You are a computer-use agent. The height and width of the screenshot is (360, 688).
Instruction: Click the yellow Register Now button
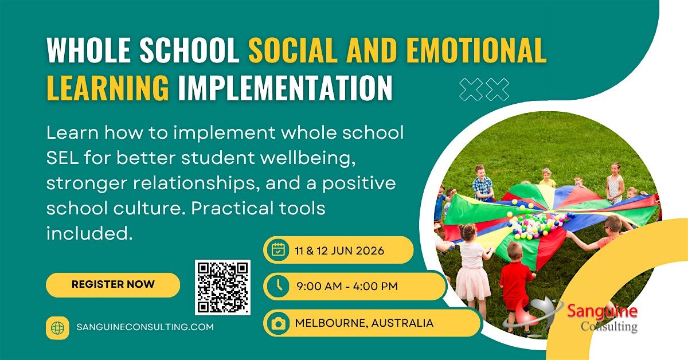113,284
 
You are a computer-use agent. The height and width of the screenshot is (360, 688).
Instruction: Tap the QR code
222,287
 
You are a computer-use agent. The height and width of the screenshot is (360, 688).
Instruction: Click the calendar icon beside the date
278,250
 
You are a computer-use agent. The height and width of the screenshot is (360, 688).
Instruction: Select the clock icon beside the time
278,286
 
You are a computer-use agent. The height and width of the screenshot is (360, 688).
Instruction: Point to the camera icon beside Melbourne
278,323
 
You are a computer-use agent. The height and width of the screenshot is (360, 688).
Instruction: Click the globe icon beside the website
57,327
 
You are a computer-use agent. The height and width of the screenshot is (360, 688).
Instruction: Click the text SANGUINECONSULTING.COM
145,327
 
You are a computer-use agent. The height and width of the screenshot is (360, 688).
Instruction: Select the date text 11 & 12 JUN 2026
339,251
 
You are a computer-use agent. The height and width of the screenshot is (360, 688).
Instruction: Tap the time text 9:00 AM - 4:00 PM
347,286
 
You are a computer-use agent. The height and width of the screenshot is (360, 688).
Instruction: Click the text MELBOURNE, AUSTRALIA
364,323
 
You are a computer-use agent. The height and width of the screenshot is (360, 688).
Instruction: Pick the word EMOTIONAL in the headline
476,52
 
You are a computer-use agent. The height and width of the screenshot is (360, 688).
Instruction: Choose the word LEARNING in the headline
108,88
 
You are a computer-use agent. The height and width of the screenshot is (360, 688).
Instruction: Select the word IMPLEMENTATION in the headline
285,88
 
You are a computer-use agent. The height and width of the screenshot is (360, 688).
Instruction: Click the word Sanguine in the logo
602,312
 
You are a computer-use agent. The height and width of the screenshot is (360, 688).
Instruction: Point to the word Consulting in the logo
608,327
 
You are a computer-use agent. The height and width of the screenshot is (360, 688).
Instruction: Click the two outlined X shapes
484,89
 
